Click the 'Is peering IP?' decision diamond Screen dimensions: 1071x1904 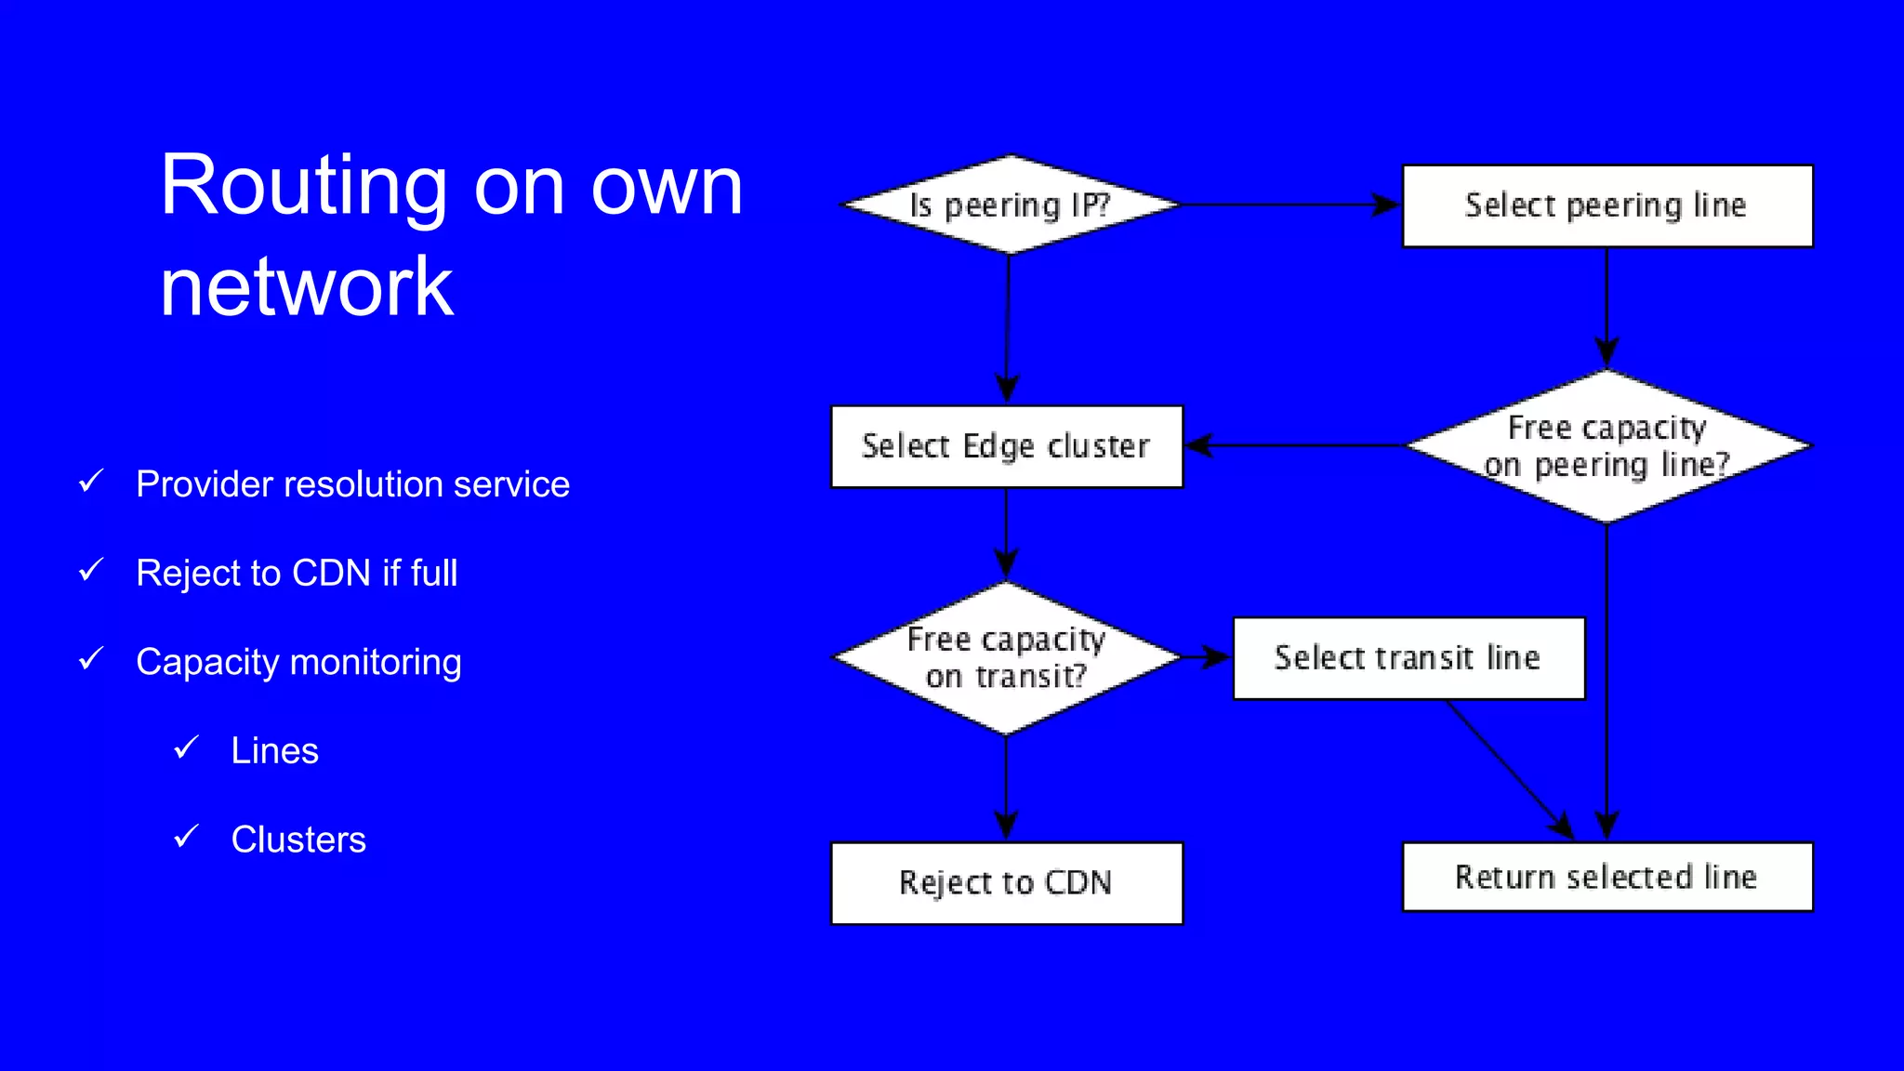[1010, 205]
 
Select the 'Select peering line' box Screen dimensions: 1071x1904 [1606, 205]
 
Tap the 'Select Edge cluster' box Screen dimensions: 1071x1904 [1006, 446]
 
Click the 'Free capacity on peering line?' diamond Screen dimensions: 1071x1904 [1606, 446]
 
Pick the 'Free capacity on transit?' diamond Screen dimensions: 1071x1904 [1006, 657]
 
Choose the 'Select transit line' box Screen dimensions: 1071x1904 [1408, 657]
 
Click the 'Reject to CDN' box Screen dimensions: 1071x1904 [1006, 882]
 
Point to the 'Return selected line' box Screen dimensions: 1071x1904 [1606, 877]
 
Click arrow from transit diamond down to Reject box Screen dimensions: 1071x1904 [1006, 787]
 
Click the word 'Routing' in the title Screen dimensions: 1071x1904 [303, 186]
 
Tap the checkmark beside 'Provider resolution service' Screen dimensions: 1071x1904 [91, 481]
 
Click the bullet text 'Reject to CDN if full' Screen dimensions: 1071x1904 [297, 573]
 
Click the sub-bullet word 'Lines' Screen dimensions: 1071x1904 [274, 750]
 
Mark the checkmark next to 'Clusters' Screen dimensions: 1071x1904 [187, 836]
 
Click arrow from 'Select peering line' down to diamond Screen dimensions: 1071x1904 [1606, 307]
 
